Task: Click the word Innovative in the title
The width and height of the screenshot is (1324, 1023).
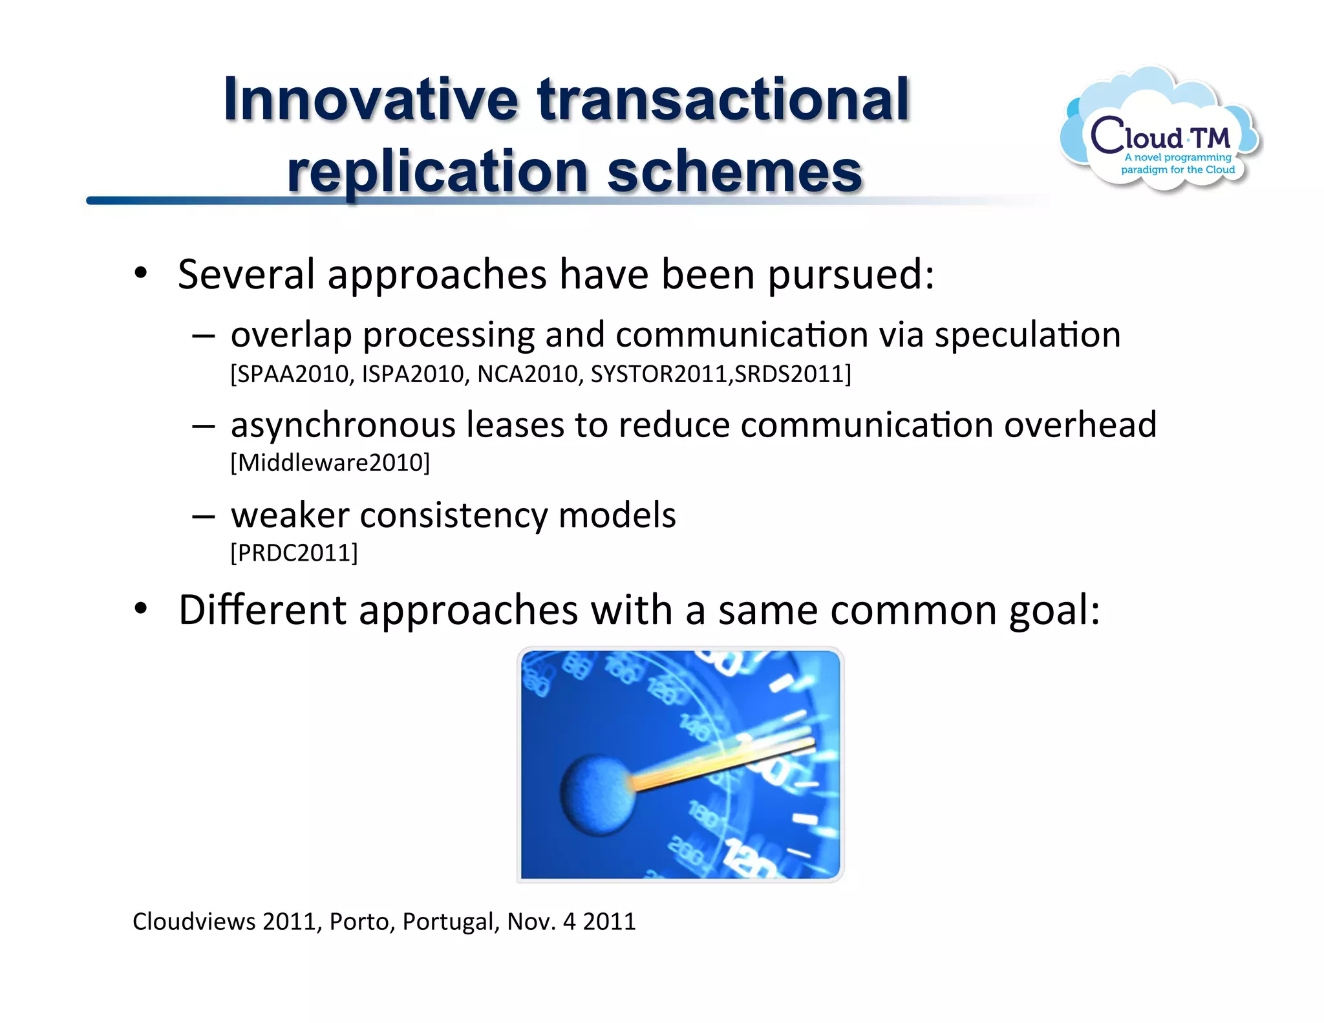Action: tap(370, 100)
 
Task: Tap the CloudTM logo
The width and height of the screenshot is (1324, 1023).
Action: tap(1160, 133)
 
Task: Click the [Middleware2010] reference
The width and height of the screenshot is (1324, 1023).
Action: tap(330, 463)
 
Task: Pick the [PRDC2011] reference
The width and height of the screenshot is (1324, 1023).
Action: tap(294, 553)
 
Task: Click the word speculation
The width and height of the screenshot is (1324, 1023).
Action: tap(1027, 336)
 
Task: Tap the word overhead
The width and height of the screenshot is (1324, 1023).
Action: tap(1080, 425)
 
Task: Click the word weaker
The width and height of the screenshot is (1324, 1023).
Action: tap(290, 515)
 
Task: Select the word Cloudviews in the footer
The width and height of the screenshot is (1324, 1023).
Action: tap(194, 921)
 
